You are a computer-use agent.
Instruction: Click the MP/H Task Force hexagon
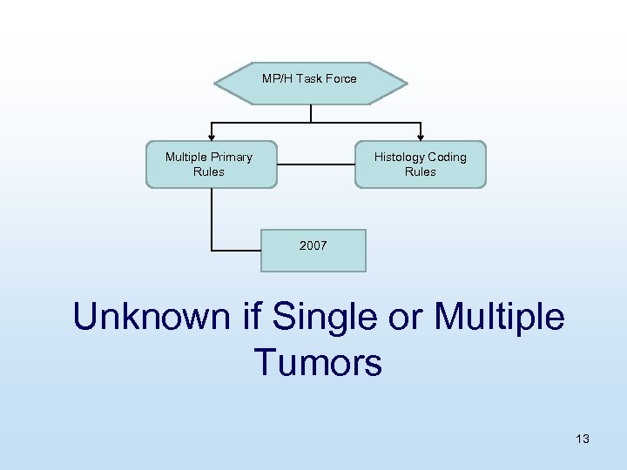coord(310,83)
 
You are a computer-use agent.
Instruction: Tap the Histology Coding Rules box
coord(420,164)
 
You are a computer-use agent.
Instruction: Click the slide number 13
coord(583,439)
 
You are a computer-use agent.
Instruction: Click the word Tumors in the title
coord(318,362)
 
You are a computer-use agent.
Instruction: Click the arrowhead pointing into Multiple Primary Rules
coord(211,136)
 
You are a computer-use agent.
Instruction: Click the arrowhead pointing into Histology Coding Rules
coord(421,136)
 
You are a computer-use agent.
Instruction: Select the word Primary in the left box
coord(231,158)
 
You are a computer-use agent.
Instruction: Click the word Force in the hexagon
coord(340,78)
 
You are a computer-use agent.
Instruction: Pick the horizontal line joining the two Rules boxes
coord(315,164)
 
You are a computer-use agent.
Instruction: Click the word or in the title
coord(402,317)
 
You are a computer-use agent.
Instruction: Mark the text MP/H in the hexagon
coord(277,78)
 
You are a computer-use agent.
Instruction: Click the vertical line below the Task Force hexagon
coord(310,113)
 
